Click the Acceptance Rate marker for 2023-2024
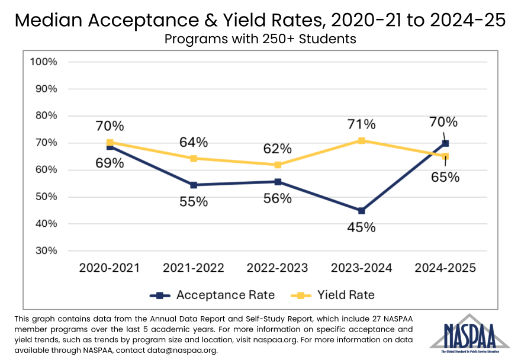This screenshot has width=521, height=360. coord(361,211)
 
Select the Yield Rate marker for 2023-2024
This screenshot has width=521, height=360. coord(361,141)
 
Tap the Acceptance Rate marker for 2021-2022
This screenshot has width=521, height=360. coord(194,185)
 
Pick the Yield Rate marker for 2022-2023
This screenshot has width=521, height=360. coord(278,165)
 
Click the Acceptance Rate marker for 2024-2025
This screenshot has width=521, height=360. coord(445,143)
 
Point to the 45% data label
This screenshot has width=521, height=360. coord(361,227)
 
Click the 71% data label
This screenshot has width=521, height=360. coord(361,124)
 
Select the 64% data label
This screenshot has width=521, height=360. coord(194,142)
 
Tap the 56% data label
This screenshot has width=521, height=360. coord(278,198)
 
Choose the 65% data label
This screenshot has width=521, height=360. coord(445,176)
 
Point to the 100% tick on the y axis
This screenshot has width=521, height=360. coord(43,62)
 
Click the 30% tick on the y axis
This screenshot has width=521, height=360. coord(46,250)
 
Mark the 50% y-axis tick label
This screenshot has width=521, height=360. coord(46,197)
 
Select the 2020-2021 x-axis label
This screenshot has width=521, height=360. coord(110,268)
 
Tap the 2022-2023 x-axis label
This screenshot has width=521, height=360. coord(278,268)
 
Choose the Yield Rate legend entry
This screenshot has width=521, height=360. coord(335,295)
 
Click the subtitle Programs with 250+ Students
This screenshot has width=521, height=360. coord(260,40)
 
